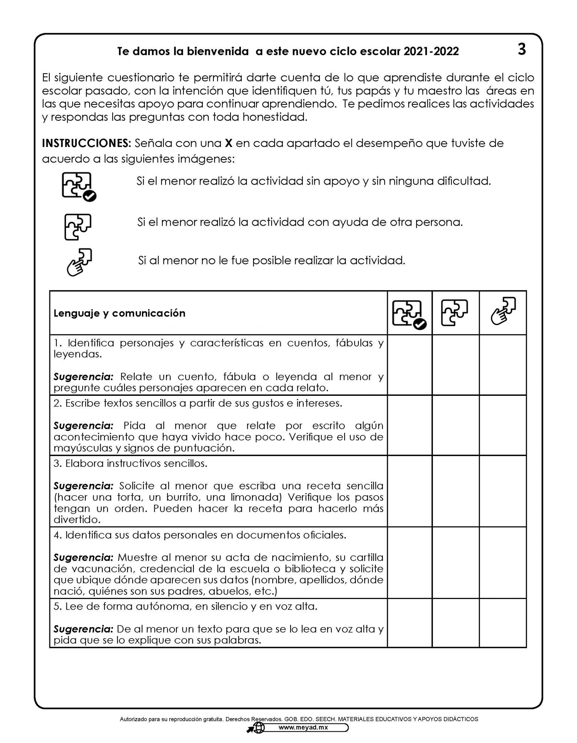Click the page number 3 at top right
[x=521, y=49]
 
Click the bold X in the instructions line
[x=228, y=143]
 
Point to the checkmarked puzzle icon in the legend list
[x=79, y=186]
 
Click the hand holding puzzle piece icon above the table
[x=80, y=262]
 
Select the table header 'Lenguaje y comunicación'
[x=119, y=313]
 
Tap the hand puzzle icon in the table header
[x=503, y=311]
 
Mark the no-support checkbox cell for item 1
[x=410, y=365]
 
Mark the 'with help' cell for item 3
[x=455, y=491]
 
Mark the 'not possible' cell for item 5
[x=503, y=623]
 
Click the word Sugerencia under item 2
[x=84, y=426]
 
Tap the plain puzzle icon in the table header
[x=455, y=313]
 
